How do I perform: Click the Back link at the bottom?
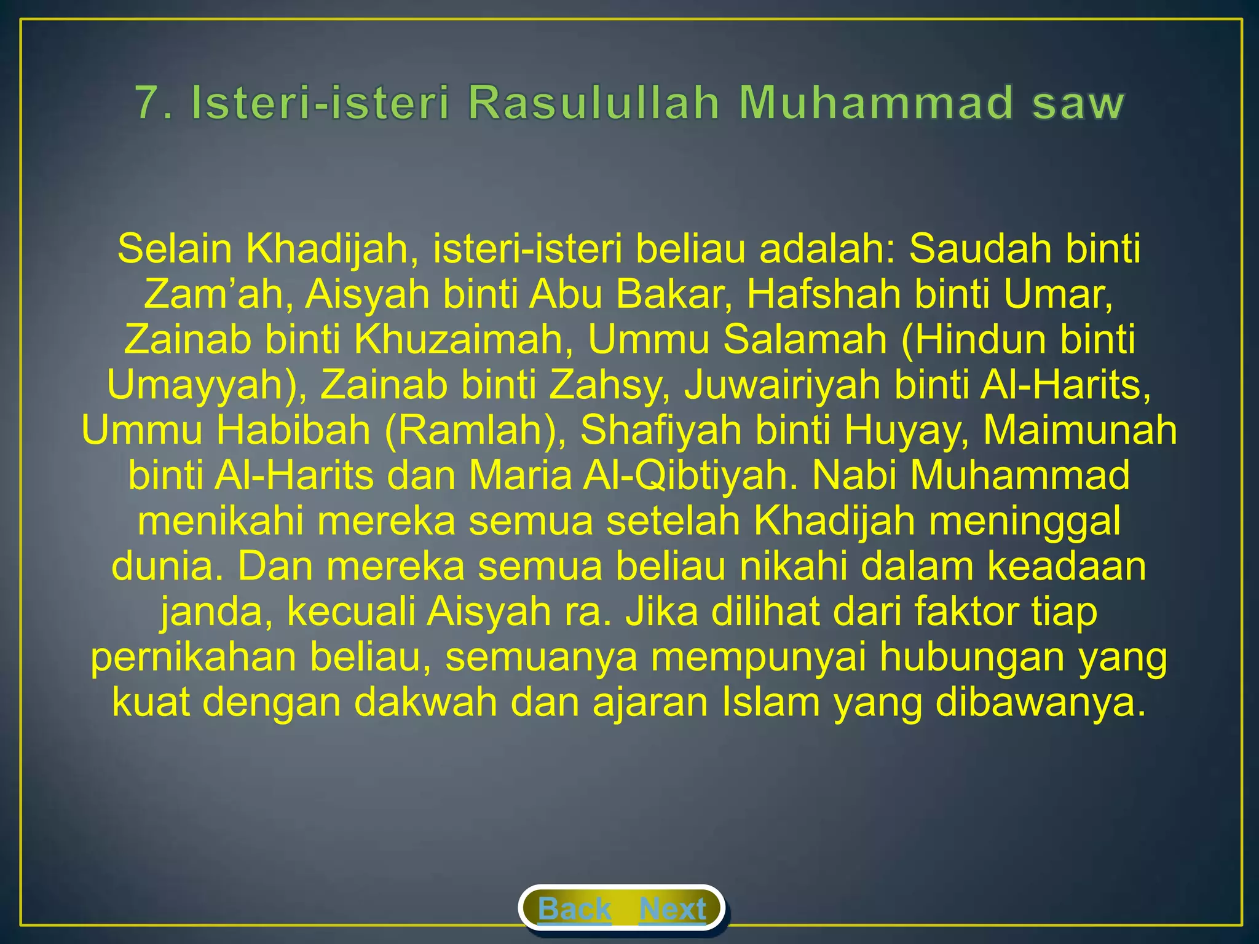(x=574, y=909)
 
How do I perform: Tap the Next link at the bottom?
(x=673, y=909)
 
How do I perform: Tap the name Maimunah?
(x=1080, y=430)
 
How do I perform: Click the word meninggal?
(x=1025, y=521)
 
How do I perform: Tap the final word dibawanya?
(x=1040, y=702)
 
